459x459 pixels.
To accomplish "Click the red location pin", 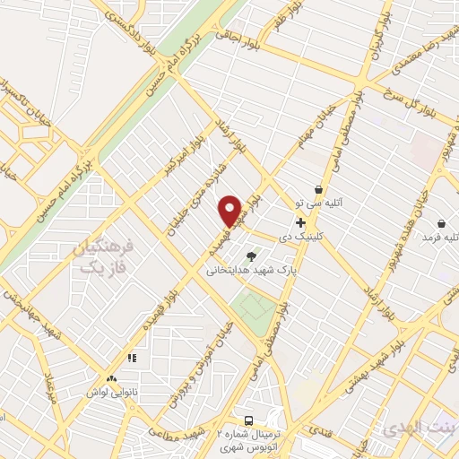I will tap(230, 210).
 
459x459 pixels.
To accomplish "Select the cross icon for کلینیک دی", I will tap(299, 222).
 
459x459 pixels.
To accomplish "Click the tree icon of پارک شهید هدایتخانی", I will tap(263, 255).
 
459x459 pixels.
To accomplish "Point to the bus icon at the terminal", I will tap(249, 420).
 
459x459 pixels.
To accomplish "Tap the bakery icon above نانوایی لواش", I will tap(112, 380).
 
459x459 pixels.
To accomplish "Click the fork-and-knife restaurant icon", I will tap(132, 359).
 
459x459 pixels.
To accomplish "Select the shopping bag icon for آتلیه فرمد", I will tap(441, 222).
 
